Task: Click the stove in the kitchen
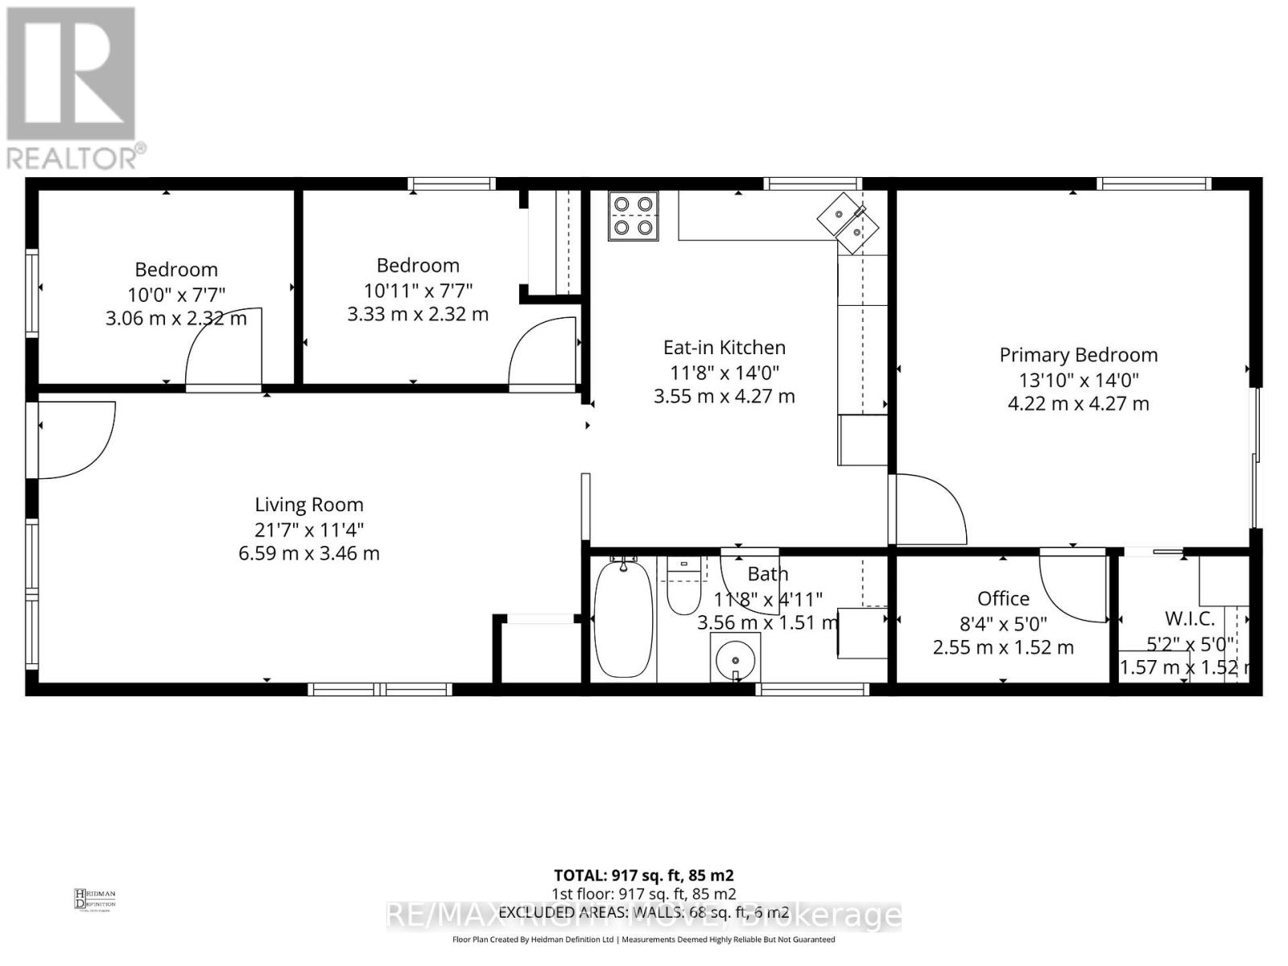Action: tap(633, 216)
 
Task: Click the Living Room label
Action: tap(309, 505)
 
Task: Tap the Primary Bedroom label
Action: tap(1078, 355)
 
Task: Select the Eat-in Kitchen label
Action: tap(724, 348)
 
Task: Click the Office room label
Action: tap(1003, 598)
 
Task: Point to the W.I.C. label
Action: tap(1190, 618)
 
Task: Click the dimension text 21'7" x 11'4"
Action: tap(309, 529)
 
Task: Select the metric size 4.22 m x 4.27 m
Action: tap(1078, 403)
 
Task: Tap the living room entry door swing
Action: tap(74, 439)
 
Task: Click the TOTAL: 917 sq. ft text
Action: tap(643, 875)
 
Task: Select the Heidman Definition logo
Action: tap(95, 898)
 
